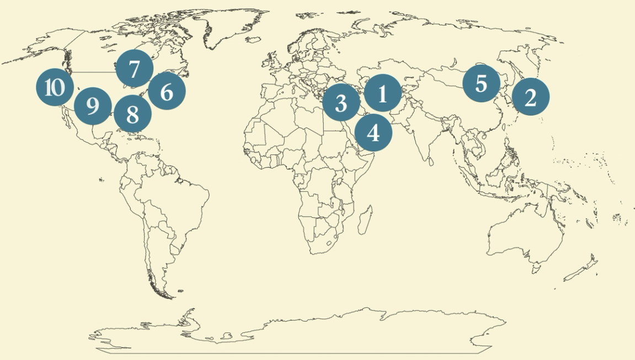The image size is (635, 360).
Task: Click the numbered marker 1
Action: [x=383, y=93]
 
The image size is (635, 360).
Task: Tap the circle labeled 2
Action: [x=530, y=97]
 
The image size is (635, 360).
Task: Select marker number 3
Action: [x=341, y=103]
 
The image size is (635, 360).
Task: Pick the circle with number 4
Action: [x=373, y=132]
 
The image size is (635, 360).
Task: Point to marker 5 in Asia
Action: [x=481, y=83]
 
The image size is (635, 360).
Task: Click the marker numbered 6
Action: [x=167, y=92]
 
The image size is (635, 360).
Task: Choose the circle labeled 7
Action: [x=134, y=69]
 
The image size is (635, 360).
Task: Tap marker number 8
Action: [x=132, y=114]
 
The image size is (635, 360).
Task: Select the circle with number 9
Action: [x=93, y=105]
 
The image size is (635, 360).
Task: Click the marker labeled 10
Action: [x=55, y=87]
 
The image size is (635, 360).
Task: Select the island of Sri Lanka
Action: [x=430, y=162]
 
